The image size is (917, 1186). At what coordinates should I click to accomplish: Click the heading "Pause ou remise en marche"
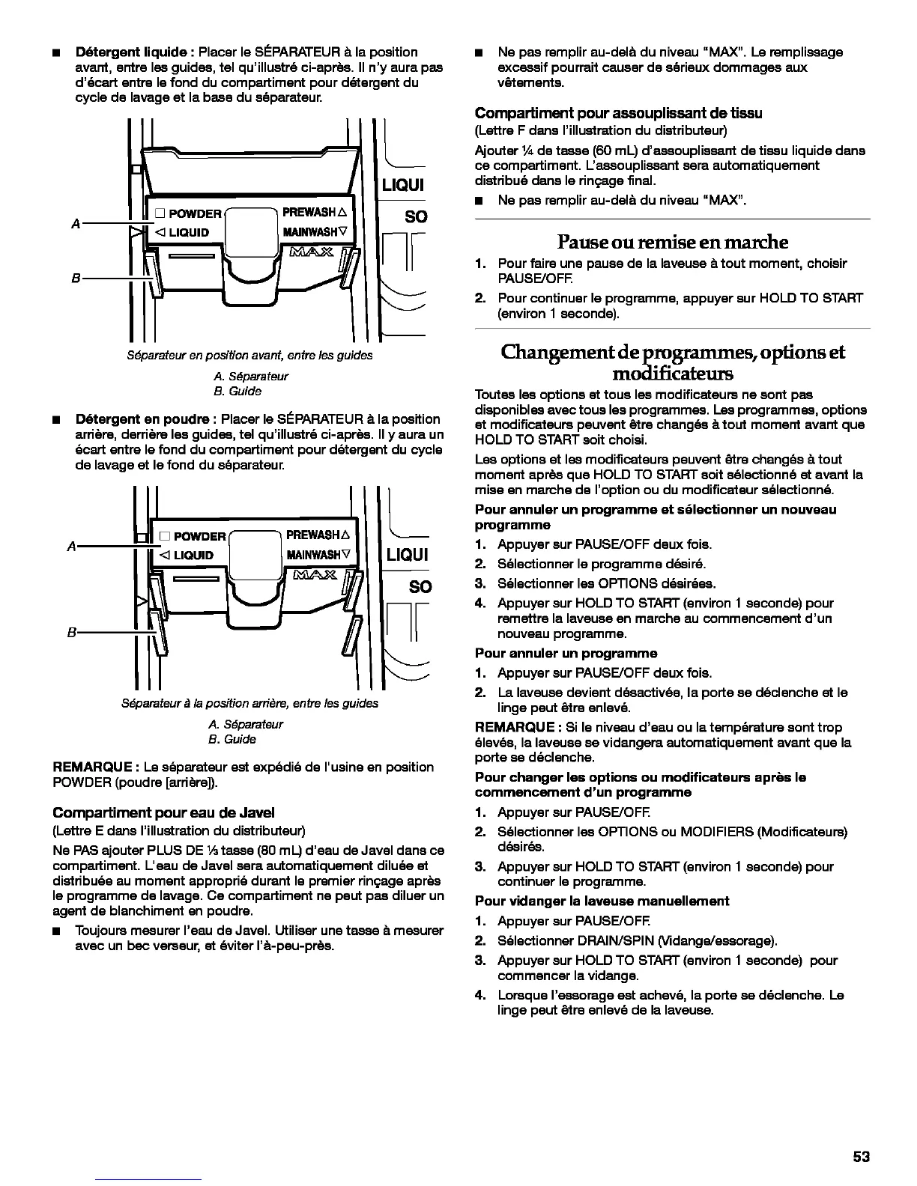[672, 242]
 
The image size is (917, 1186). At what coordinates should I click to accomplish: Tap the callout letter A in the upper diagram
[76, 223]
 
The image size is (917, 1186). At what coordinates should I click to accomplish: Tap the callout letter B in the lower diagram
[71, 632]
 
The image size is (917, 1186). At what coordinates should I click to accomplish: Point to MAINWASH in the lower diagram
[312, 556]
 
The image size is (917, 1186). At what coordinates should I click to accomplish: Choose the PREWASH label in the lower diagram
[312, 535]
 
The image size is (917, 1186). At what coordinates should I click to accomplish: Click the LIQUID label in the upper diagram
[188, 232]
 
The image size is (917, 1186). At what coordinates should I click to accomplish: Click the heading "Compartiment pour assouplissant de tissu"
[618, 113]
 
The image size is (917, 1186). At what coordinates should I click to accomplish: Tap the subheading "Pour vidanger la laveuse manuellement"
[602, 901]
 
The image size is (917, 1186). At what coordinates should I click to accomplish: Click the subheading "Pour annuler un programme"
[566, 653]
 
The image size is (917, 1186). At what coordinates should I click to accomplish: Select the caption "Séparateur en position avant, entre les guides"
[249, 355]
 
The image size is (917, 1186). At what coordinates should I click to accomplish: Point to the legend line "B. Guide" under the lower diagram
[231, 739]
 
